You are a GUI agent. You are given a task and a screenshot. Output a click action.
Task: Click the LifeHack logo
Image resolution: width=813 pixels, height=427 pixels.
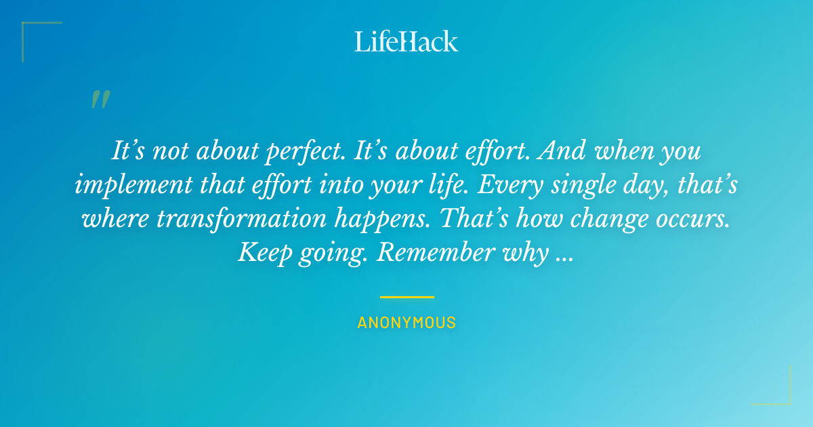pos(406,41)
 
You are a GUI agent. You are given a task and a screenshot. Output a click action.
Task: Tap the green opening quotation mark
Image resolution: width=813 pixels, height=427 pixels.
pos(100,100)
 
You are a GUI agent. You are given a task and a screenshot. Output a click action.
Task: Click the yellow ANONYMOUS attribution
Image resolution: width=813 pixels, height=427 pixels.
pos(406,323)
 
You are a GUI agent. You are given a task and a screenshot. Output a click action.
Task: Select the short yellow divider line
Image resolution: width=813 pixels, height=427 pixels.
pos(406,297)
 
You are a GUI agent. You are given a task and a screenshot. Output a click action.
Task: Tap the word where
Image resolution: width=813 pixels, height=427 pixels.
pos(104,218)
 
